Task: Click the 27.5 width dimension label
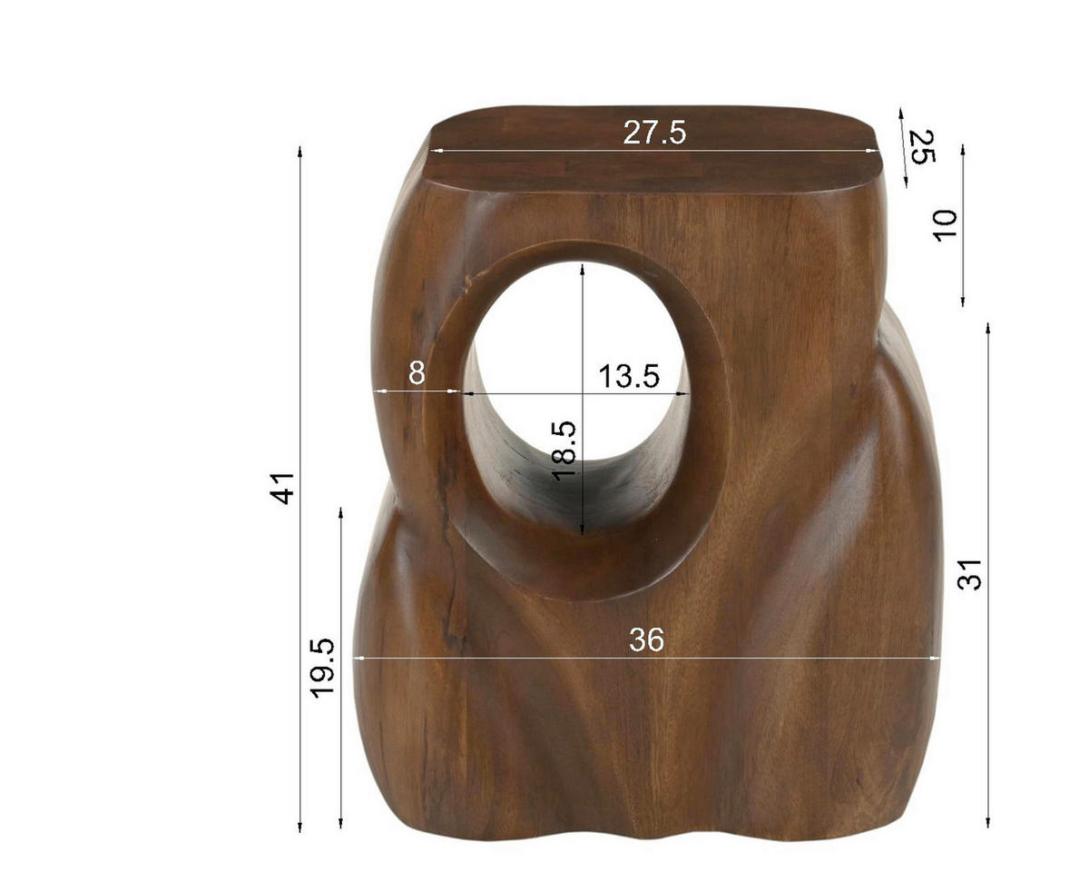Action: pyautogui.click(x=654, y=133)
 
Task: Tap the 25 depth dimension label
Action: pyautogui.click(x=922, y=147)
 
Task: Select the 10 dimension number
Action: pyautogui.click(x=945, y=224)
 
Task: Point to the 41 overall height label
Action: pyautogui.click(x=284, y=488)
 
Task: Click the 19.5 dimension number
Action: pyautogui.click(x=323, y=668)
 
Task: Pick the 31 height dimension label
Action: pyautogui.click(x=970, y=574)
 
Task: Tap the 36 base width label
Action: pyautogui.click(x=647, y=640)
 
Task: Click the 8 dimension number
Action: pyautogui.click(x=417, y=372)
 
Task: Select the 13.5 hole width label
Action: pyautogui.click(x=628, y=375)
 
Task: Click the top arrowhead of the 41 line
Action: pyautogui.click(x=300, y=148)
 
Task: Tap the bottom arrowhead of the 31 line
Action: pyautogui.click(x=988, y=824)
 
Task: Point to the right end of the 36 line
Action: pyautogui.click(x=938, y=658)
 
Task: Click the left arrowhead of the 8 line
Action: pyautogui.click(x=377, y=391)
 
